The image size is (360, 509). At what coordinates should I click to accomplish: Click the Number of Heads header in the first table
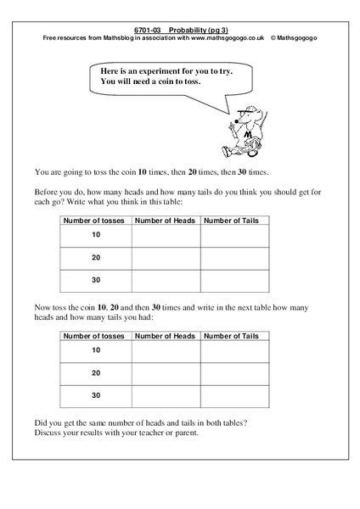(166, 221)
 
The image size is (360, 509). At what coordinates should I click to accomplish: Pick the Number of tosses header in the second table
(95, 337)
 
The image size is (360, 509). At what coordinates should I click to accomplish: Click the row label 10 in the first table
(95, 235)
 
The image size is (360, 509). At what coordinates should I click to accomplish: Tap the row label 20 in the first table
(95, 258)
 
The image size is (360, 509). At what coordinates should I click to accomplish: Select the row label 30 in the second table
(95, 395)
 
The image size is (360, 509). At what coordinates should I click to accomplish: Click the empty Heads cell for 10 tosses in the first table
(166, 236)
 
